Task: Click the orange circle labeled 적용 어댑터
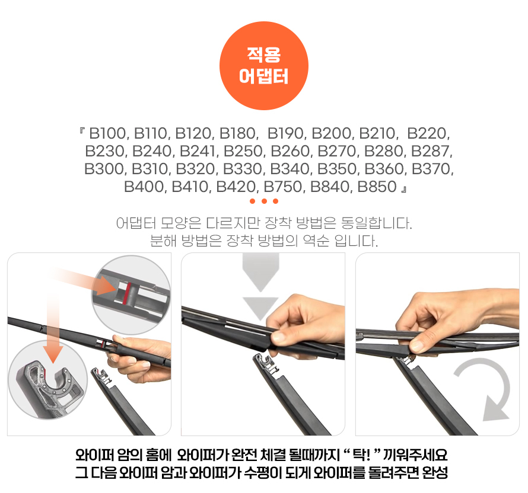coord(264,66)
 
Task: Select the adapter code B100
coord(107,133)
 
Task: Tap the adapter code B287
coord(430,151)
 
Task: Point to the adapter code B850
coord(377,187)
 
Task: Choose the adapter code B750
coord(283,187)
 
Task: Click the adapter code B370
coord(431,169)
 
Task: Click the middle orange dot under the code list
coord(264,201)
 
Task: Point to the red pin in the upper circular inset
coord(128,293)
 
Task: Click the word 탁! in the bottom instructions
coord(361,455)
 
